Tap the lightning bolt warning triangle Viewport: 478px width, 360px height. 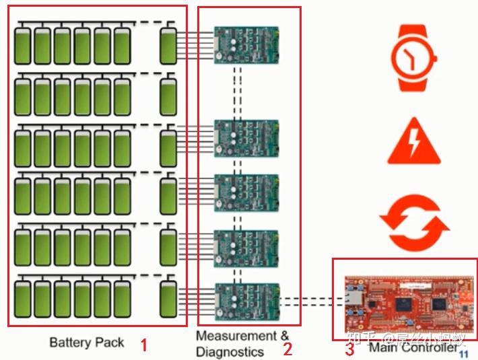click(x=413, y=142)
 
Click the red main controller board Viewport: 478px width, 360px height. click(x=401, y=300)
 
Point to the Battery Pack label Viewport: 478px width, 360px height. click(x=87, y=343)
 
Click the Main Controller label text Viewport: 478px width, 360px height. click(x=413, y=348)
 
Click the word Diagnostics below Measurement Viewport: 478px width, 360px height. click(x=230, y=351)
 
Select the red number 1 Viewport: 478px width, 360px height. click(x=143, y=346)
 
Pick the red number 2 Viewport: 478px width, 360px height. click(x=287, y=349)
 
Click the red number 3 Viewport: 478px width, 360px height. click(x=349, y=349)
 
